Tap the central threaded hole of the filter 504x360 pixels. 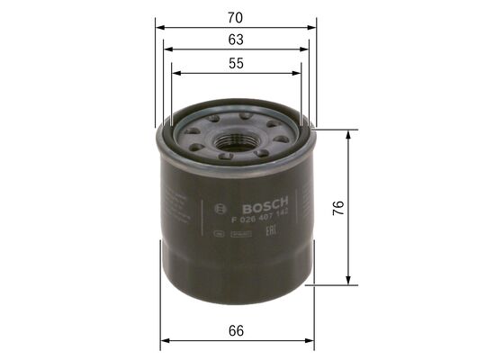238,140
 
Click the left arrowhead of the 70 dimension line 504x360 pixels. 159,27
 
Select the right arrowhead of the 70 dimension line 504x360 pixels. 313,27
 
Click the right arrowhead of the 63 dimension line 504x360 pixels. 306,50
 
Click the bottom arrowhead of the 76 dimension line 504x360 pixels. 346,283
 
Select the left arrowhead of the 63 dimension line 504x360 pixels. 166,50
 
